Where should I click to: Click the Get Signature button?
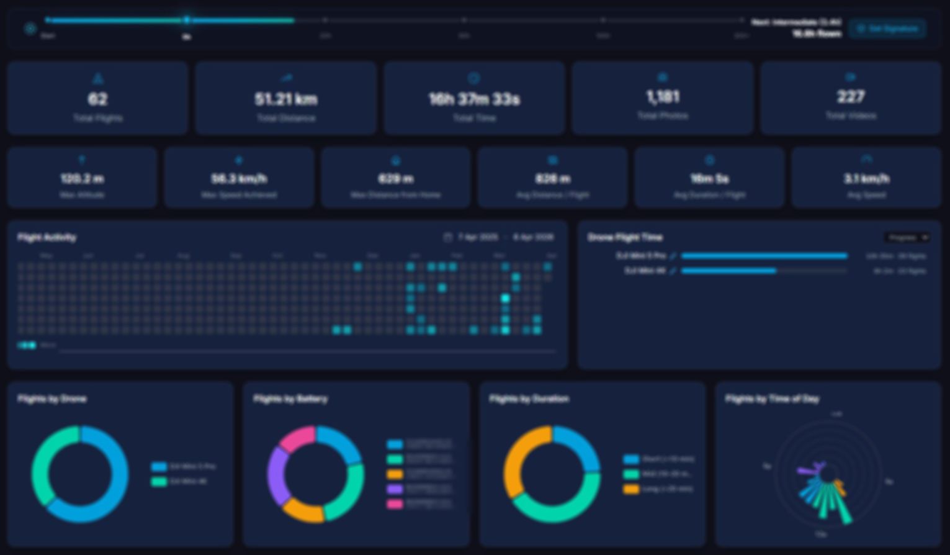(887, 29)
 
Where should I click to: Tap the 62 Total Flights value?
(97, 99)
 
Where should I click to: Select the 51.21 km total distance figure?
(285, 99)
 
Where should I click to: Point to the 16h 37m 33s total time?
(474, 99)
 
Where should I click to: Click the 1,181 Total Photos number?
(663, 97)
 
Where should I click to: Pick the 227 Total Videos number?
(851, 97)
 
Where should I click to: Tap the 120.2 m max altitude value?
(82, 179)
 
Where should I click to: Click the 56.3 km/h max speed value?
(239, 179)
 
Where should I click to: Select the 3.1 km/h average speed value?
(866, 179)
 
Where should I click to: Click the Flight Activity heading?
(47, 237)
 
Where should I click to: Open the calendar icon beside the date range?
(447, 237)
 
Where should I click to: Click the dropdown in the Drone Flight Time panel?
(907, 237)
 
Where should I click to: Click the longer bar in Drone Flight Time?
(764, 256)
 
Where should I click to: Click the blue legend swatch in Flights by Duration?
(631, 459)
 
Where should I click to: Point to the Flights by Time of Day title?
(772, 399)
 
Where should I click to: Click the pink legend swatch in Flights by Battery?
(395, 504)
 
